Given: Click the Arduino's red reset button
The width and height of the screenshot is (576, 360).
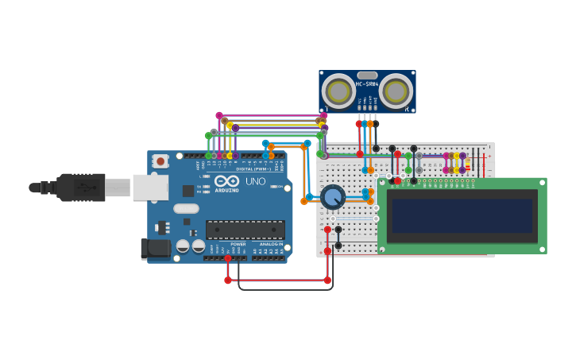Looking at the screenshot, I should [160, 161].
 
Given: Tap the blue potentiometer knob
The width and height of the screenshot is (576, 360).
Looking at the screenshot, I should [332, 196].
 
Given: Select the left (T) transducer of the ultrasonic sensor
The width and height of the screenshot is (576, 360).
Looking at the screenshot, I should [338, 91].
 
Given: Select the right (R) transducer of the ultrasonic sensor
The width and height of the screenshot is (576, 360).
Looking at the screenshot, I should [396, 91].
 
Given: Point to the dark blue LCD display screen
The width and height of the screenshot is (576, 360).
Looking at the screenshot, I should [462, 215].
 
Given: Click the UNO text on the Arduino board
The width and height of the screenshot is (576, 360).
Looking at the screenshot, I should [255, 181].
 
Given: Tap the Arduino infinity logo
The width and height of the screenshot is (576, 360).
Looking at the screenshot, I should [226, 180].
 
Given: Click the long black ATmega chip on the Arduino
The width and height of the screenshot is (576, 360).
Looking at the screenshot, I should [245, 230].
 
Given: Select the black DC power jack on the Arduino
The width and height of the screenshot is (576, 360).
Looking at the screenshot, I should [156, 249].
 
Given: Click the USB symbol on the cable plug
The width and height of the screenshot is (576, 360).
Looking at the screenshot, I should [82, 188].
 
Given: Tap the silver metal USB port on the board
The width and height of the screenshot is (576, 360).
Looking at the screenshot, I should [150, 188].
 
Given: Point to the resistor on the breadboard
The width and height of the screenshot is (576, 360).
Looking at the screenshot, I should [467, 163].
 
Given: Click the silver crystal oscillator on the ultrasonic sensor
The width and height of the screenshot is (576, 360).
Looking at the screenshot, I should [367, 75].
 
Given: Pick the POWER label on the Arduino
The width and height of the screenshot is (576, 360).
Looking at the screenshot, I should [238, 244].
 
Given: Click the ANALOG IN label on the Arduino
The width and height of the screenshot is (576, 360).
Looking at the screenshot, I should [271, 244].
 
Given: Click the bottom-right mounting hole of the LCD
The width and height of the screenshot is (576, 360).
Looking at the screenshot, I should [541, 249].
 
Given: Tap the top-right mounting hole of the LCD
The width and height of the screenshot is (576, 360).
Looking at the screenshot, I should [541, 183].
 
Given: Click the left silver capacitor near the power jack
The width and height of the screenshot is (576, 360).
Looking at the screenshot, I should [182, 246].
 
